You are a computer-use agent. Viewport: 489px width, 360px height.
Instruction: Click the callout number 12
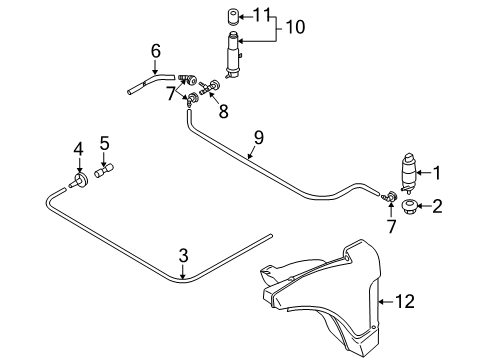(x=405, y=301)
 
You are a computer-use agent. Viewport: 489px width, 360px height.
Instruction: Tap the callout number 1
(x=436, y=173)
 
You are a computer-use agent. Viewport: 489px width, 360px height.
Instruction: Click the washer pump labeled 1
(x=409, y=173)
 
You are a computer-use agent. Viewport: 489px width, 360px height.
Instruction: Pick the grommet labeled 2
(x=408, y=207)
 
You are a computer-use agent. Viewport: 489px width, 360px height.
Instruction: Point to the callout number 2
(x=437, y=206)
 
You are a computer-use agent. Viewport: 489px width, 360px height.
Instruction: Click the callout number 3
(x=183, y=256)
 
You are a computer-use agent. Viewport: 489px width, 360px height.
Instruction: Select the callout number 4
(x=79, y=149)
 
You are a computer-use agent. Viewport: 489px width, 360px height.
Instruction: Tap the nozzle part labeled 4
(x=79, y=181)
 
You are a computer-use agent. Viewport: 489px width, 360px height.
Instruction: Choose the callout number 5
(x=104, y=143)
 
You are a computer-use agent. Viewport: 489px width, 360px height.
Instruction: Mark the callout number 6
(x=156, y=51)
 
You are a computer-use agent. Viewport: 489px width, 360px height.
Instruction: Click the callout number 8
(x=223, y=111)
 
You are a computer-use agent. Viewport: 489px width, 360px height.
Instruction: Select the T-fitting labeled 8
(x=209, y=86)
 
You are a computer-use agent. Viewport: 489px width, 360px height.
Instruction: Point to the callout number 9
(x=258, y=138)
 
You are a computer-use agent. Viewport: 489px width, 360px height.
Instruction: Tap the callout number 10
(x=295, y=27)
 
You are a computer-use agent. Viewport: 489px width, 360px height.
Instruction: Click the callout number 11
(x=261, y=15)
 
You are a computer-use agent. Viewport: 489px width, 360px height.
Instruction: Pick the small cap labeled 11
(x=233, y=17)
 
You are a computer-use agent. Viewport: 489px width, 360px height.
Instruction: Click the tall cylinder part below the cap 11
(x=235, y=55)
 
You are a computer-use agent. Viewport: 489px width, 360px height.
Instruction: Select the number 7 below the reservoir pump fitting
(x=391, y=227)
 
